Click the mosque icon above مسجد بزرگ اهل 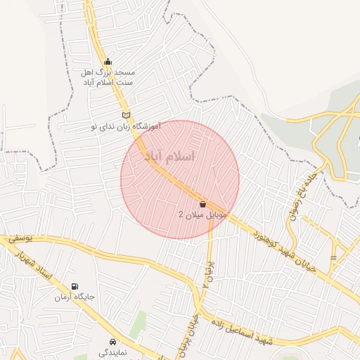pyautogui.click(x=107, y=61)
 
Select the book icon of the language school pyautogui.click(x=126, y=115)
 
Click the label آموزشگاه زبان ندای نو pyautogui.click(x=126, y=127)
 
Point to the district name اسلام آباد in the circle pyautogui.click(x=169, y=155)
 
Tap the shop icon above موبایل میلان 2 pyautogui.click(x=203, y=204)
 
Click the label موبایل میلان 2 pyautogui.click(x=203, y=214)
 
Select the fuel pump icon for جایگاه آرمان pyautogui.click(x=75, y=286)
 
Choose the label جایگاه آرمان pyautogui.click(x=75, y=297)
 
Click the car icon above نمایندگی pyautogui.click(x=112, y=342)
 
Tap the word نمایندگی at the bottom pyautogui.click(x=112, y=353)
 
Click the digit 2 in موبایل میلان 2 pyautogui.click(x=181, y=214)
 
